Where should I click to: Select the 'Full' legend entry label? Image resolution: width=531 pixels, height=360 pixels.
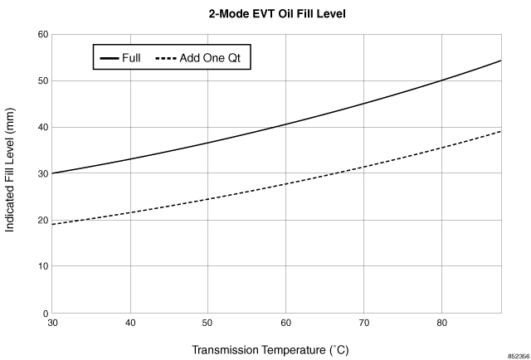tap(131, 58)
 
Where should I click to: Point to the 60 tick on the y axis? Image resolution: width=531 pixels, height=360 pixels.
tap(41, 35)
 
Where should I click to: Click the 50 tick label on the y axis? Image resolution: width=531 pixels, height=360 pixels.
tap(41, 81)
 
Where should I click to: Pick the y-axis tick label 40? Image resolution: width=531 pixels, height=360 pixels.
tap(41, 128)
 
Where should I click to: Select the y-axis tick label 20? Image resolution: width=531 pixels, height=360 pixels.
tap(41, 221)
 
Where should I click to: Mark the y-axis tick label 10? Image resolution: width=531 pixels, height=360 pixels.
tap(41, 267)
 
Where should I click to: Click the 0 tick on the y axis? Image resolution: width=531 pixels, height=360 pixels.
tap(43, 314)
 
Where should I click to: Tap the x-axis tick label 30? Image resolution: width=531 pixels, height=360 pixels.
tap(52, 323)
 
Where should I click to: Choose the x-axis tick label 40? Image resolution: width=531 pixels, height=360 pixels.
tap(130, 323)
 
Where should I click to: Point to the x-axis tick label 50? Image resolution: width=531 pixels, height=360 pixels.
tap(207, 323)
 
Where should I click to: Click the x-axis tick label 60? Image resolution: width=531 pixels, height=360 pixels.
tap(285, 323)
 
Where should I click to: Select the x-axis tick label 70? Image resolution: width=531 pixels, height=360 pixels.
tap(363, 323)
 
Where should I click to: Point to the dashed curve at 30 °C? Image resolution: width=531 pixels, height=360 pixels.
tap(53, 224)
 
